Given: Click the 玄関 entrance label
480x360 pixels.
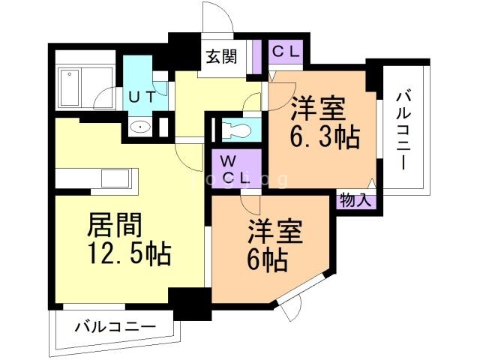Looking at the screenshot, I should [222, 57].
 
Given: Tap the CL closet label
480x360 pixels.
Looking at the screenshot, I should [285, 52].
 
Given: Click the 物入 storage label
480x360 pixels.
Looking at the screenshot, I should [355, 199].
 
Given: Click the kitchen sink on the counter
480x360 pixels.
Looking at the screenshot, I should [115, 179].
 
